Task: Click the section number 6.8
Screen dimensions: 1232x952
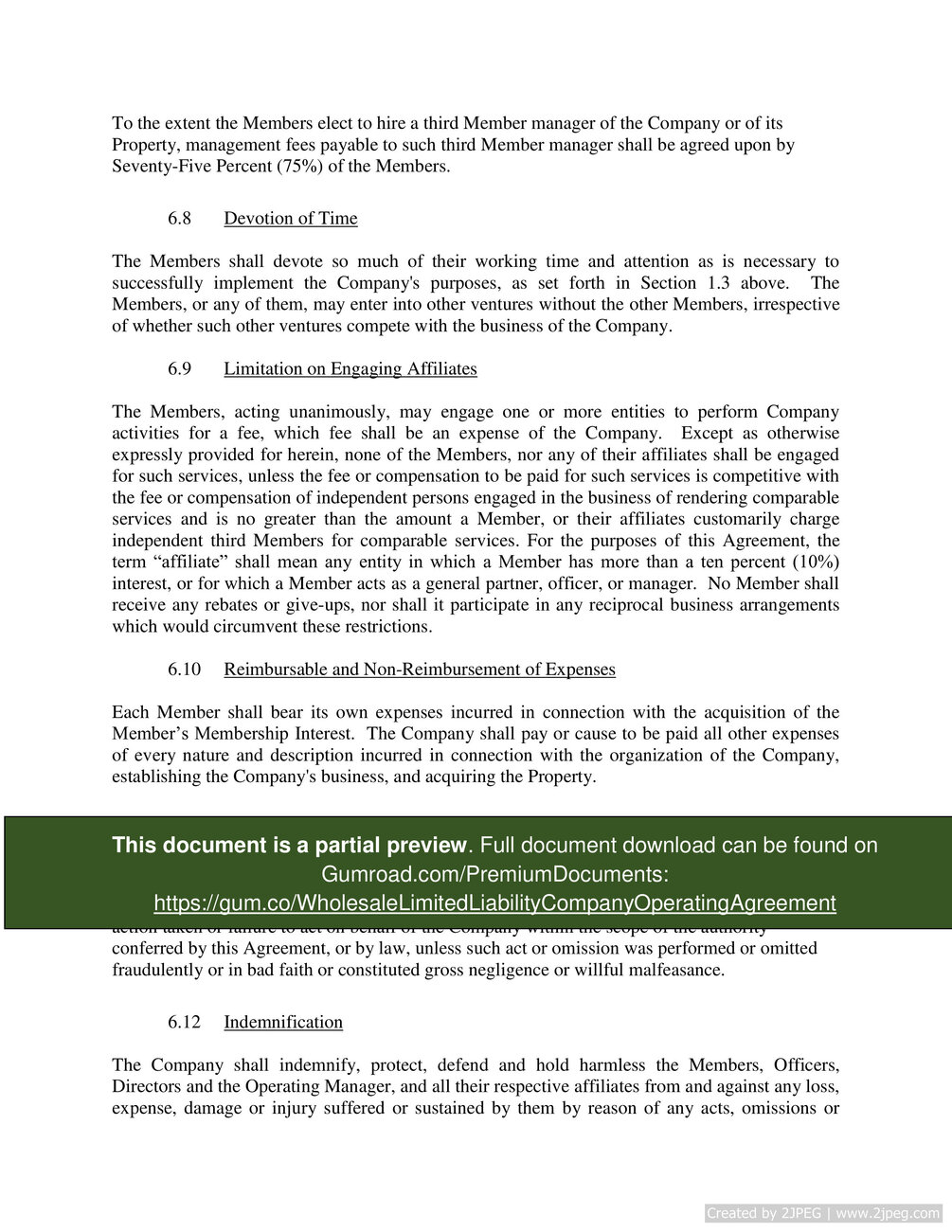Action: (179, 219)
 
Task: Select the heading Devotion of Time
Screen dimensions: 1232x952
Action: (291, 219)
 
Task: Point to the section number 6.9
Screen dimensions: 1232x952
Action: (179, 369)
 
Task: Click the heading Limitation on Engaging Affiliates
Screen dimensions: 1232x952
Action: (350, 369)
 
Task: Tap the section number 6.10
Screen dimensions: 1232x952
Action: (184, 670)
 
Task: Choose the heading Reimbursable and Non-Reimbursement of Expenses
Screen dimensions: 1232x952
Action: (420, 670)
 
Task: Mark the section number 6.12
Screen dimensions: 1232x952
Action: (184, 1023)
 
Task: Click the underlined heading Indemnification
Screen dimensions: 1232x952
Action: (283, 1023)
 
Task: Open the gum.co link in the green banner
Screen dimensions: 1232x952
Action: (494, 903)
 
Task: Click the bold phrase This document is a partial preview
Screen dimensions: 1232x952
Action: (289, 846)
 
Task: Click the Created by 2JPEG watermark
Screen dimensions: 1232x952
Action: (823, 1213)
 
